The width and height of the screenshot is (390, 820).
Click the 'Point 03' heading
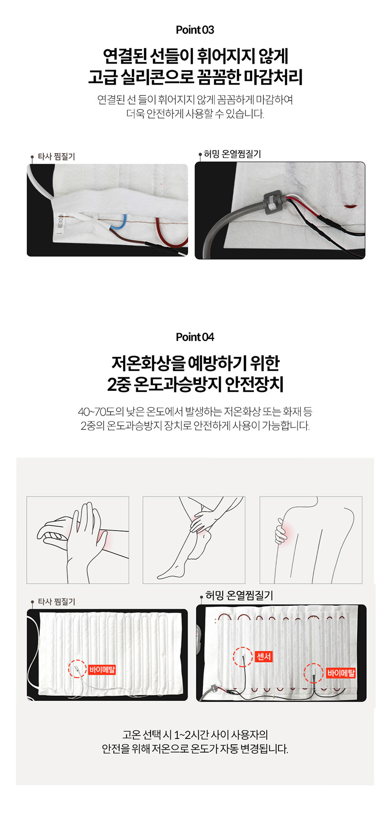(x=195, y=30)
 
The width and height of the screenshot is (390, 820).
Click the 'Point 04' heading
(x=195, y=337)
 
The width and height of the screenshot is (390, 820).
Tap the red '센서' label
(x=264, y=656)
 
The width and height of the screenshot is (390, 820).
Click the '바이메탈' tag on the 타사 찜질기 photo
(x=102, y=669)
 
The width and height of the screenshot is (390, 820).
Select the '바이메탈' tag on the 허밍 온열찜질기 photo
(x=341, y=673)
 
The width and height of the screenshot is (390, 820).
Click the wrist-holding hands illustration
(x=78, y=540)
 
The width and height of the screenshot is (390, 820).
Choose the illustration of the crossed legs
(x=194, y=540)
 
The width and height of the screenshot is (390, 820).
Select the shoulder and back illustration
(x=311, y=540)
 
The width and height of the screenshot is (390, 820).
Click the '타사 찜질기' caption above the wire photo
(x=56, y=157)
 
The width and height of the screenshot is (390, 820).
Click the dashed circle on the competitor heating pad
(x=77, y=669)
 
